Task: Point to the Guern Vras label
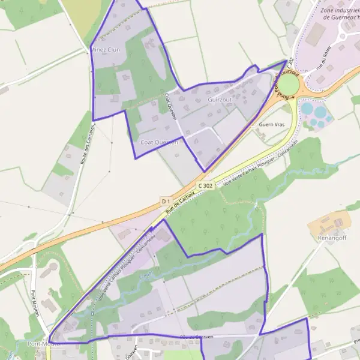pos(271,124)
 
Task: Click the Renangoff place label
pos(334,238)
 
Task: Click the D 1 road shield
pos(166,200)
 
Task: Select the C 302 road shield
pos(205,186)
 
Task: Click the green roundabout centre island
pos(289,84)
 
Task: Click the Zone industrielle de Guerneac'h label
pos(340,14)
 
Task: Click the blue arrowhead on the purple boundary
pos(152,229)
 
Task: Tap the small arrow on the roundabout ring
pos(292,96)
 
